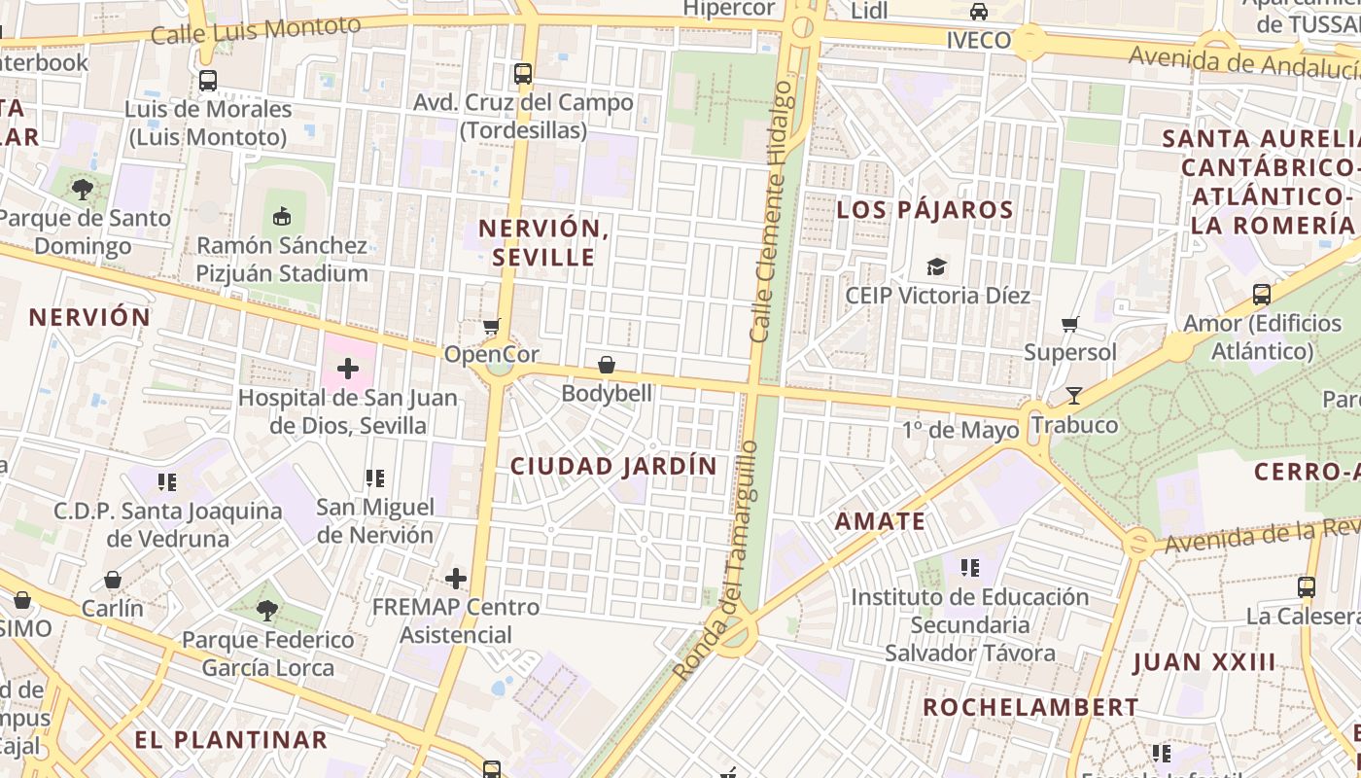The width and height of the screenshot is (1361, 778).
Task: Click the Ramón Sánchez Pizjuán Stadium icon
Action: coord(282,215)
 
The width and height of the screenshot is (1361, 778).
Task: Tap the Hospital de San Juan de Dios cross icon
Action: coord(347,369)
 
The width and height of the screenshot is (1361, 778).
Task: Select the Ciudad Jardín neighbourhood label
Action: coord(613,466)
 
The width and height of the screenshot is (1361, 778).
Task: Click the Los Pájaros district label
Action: coord(925,209)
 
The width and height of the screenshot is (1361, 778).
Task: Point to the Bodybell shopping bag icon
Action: coord(607,365)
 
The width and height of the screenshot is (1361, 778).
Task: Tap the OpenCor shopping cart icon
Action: coord(492,326)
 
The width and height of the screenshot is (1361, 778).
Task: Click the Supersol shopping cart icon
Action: coord(1070,324)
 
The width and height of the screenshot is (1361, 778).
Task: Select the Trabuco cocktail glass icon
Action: coord(1074,395)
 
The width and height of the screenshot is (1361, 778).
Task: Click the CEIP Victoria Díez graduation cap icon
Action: coord(936,266)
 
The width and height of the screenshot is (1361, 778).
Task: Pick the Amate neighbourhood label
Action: coord(881,521)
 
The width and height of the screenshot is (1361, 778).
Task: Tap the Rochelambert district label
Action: coord(1029,707)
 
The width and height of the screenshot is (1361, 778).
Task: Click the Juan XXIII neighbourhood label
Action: coord(1204,662)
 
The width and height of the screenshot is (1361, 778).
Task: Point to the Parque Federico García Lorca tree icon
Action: coord(267,611)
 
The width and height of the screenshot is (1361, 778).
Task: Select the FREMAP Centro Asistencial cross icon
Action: coord(456,579)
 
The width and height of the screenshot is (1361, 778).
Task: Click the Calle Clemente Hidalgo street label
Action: coord(772,211)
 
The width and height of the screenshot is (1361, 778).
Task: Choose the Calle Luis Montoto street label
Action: coord(256,30)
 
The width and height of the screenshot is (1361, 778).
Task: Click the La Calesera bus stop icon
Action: coord(1307,587)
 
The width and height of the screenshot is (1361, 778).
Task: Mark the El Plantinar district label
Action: coord(230,739)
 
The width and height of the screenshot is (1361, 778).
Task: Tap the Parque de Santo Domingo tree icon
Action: coord(83,189)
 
